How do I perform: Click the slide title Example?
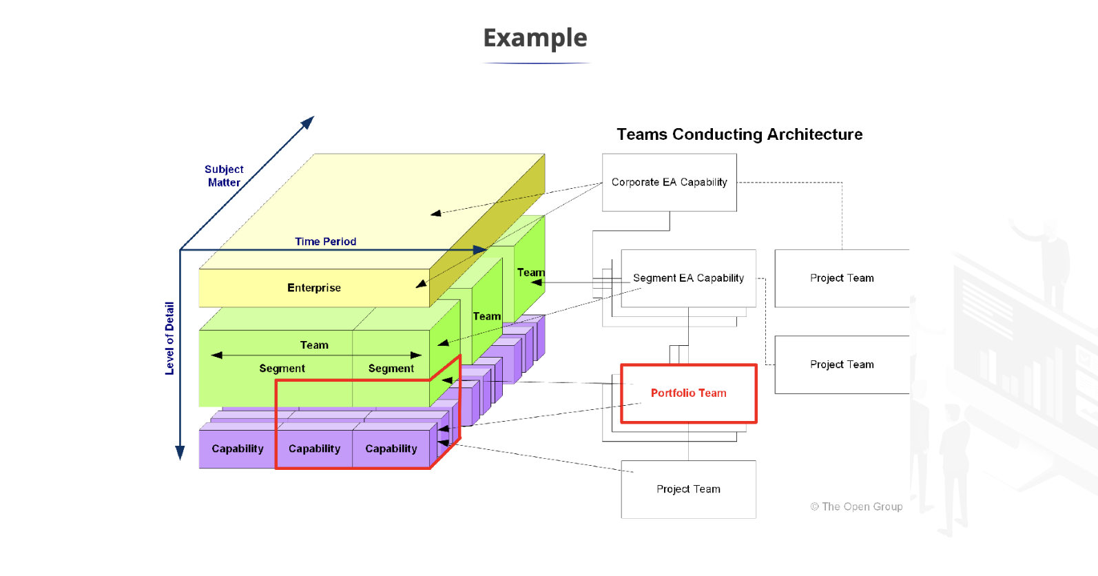click(535, 38)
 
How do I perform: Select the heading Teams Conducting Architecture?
click(739, 134)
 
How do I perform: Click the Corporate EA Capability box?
click(669, 182)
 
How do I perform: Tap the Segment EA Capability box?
click(688, 278)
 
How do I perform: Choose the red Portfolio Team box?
click(688, 393)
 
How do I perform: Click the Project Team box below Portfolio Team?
click(688, 489)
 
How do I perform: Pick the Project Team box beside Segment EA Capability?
click(842, 278)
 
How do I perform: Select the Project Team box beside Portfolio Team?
click(842, 364)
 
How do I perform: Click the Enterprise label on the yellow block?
click(314, 288)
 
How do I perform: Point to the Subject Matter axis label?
click(224, 176)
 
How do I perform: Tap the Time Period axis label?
click(325, 241)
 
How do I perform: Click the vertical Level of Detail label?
click(169, 338)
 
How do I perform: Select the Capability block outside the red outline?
click(237, 449)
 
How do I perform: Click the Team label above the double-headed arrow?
click(314, 344)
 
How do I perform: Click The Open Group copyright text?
click(856, 506)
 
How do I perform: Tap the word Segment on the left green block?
click(282, 368)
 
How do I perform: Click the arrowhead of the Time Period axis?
click(480, 249)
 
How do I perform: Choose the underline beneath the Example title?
click(537, 63)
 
